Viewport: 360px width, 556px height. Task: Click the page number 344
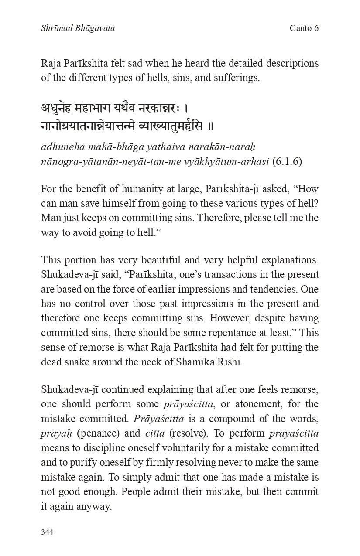click(47, 532)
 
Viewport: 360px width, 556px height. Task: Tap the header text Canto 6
click(304, 28)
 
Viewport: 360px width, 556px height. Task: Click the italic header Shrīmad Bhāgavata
click(78, 28)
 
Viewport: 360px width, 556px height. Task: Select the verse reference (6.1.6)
click(287, 161)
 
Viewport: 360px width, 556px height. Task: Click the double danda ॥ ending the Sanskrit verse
click(210, 126)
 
